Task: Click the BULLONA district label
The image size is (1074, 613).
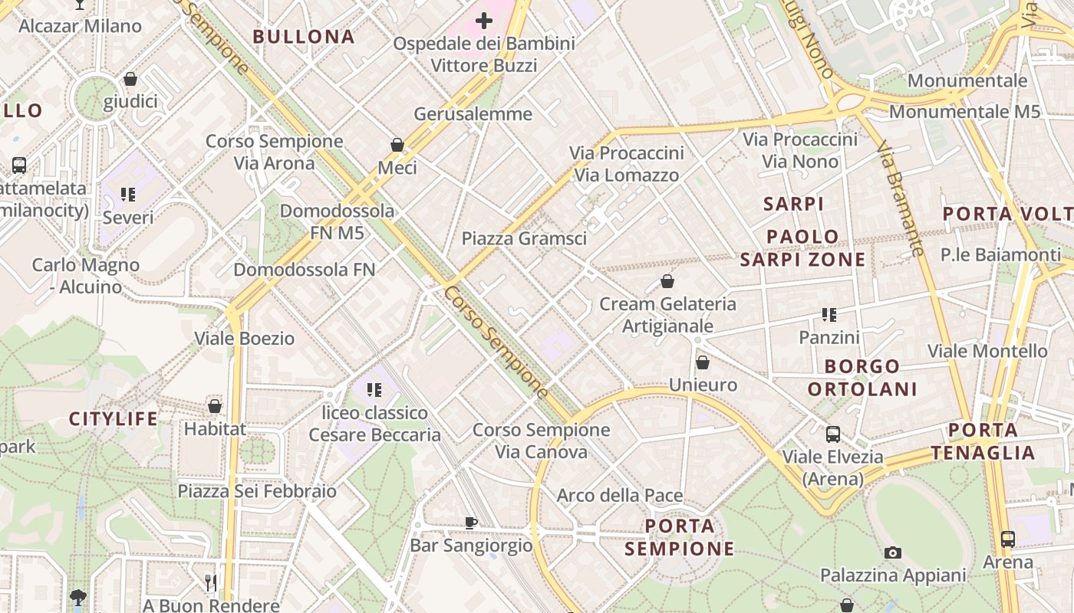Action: point(304,37)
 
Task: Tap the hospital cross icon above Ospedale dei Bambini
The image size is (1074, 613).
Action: point(484,21)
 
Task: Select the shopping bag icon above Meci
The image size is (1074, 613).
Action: point(397,145)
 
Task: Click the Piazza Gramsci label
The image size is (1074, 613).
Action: point(524,238)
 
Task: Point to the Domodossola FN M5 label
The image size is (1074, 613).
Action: point(338,221)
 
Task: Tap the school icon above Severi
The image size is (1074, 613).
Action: point(128,195)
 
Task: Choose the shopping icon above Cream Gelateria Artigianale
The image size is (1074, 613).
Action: point(667,281)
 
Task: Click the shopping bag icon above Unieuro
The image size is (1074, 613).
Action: point(703,362)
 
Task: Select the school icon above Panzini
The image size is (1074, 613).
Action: point(829,314)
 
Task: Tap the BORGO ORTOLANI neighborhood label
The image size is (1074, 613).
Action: point(862,378)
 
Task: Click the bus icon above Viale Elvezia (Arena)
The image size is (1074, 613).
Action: point(833,434)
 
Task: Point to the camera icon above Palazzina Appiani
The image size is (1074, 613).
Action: point(892,552)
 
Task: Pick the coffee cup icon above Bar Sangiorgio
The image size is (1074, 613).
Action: point(471,523)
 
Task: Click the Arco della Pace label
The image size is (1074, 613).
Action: point(620,495)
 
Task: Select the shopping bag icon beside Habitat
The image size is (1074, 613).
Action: point(215,406)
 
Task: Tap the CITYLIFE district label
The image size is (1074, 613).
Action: point(114,419)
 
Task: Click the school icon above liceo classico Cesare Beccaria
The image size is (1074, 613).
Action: point(374,390)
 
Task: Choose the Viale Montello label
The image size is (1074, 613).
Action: point(987,351)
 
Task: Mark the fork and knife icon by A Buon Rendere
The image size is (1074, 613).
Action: point(211,583)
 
